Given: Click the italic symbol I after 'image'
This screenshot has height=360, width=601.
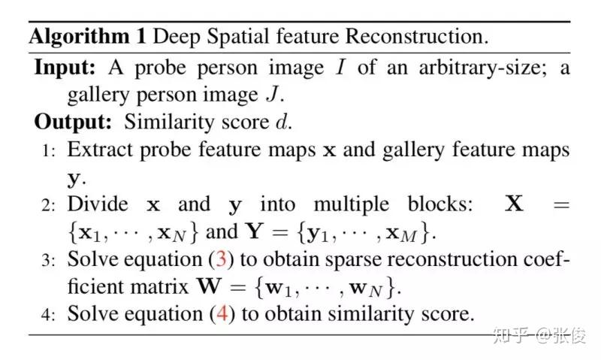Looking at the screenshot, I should tap(340, 67).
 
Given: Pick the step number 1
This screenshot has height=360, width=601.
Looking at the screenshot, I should tap(47, 150).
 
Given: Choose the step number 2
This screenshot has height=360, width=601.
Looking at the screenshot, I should tap(47, 205).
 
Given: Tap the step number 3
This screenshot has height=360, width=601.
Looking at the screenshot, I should tap(47, 260).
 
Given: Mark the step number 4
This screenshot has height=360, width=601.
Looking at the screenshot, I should tap(47, 314).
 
